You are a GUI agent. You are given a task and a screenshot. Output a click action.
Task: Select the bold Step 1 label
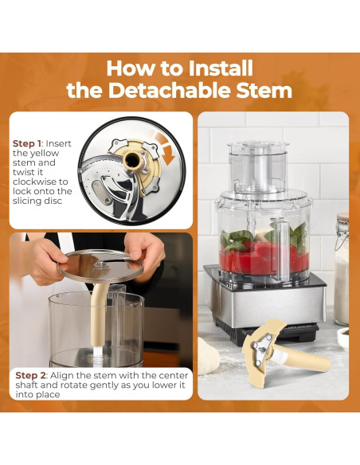[29, 143]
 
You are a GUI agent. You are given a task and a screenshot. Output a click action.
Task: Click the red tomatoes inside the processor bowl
[255, 259]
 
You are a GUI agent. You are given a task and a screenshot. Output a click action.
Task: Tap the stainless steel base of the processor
[263, 303]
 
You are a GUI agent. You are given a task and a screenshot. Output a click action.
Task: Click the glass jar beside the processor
[342, 271]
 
